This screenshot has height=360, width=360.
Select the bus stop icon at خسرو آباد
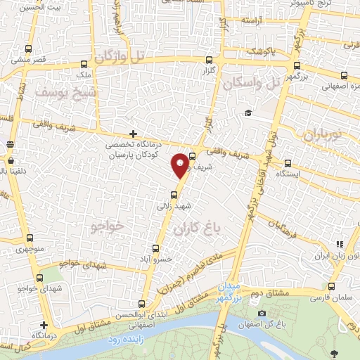click(x=156, y=248)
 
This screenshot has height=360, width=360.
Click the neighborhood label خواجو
click(x=107, y=226)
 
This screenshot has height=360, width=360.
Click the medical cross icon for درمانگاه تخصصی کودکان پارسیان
click(x=133, y=134)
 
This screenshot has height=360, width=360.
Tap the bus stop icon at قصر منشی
click(x=28, y=49)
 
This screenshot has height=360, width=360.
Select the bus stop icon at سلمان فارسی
click(x=331, y=286)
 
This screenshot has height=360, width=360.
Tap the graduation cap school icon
click(x=247, y=113)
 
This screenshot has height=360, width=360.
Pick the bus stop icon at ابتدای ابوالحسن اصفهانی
click(x=142, y=304)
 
